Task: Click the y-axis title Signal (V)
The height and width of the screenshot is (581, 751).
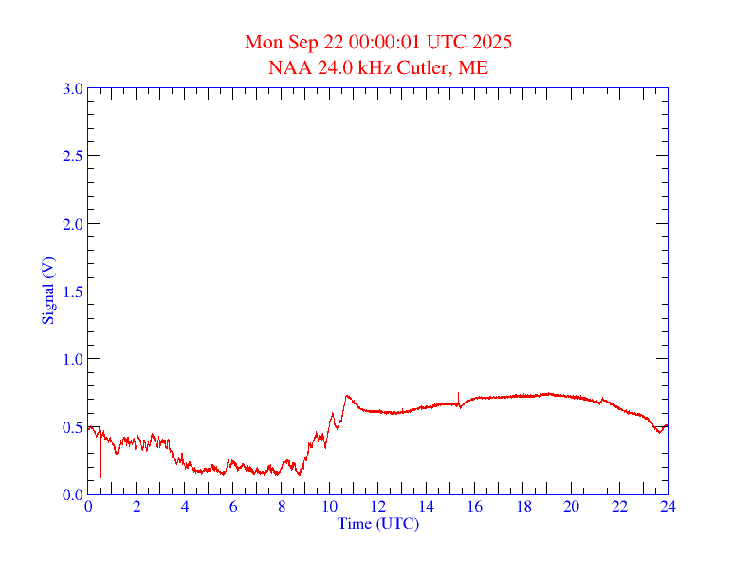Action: [x=46, y=290]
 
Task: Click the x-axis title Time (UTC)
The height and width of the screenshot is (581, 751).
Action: [x=378, y=523]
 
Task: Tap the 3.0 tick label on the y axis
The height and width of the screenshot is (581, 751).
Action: [x=72, y=89]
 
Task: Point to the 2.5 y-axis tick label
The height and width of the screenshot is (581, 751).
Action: [x=72, y=157]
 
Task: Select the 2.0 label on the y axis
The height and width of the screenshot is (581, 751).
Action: [x=72, y=224]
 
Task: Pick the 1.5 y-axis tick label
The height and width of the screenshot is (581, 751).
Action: [x=72, y=291]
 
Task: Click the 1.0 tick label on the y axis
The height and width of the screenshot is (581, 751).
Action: [x=72, y=359]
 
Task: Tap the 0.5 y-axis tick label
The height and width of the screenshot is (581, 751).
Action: [x=72, y=427]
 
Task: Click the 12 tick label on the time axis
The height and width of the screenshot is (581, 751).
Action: [x=378, y=507]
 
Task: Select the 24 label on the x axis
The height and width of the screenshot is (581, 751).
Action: [x=668, y=507]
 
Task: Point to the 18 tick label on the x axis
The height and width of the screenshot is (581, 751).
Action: [x=522, y=507]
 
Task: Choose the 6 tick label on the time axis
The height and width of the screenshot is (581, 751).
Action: [x=233, y=507]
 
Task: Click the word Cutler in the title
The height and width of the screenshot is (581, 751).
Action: [x=427, y=67]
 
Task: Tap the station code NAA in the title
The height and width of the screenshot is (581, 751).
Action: [x=288, y=67]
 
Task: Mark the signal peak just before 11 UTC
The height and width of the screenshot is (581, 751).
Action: [x=347, y=396]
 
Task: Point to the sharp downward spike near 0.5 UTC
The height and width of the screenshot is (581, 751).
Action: [x=100, y=475]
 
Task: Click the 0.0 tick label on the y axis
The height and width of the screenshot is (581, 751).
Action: [x=72, y=495]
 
